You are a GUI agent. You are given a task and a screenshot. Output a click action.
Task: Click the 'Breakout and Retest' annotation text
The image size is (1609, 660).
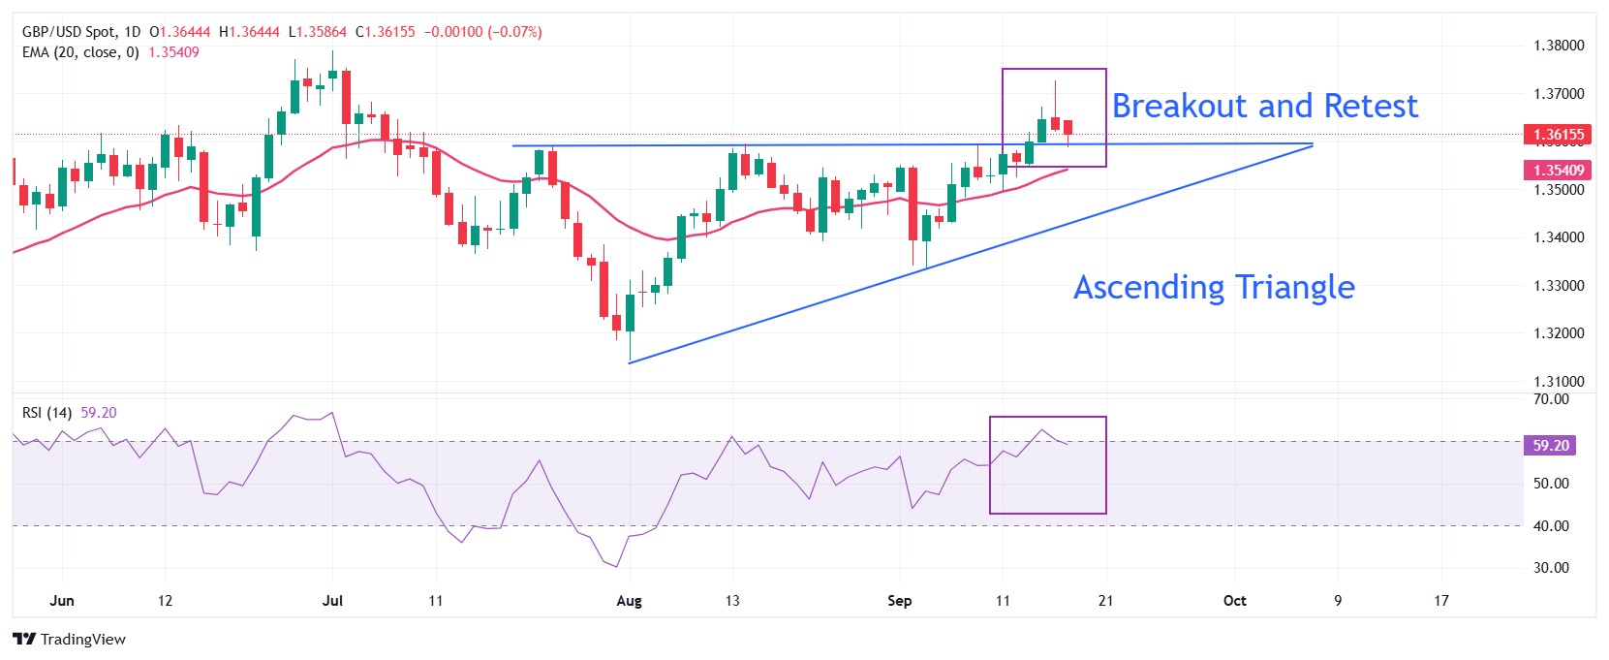tap(1264, 106)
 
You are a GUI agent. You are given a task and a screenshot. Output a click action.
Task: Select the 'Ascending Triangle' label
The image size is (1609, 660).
tap(1214, 287)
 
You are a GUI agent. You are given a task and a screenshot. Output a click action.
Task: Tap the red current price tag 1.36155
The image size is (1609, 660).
tap(1559, 135)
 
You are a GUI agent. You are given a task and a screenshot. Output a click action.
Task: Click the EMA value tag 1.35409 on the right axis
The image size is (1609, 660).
tap(1559, 171)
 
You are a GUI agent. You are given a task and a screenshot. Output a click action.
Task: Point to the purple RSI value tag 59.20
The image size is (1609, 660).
tap(1550, 446)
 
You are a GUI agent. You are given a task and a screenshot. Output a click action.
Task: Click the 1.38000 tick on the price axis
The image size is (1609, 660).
tap(1559, 46)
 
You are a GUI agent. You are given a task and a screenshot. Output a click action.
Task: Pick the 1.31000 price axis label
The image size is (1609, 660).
tap(1559, 382)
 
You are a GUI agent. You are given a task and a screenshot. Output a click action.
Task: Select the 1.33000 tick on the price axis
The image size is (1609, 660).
tap(1559, 286)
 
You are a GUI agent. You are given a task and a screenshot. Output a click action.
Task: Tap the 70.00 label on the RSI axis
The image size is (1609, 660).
tap(1551, 399)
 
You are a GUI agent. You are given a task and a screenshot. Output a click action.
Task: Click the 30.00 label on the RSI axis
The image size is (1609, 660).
tap(1551, 568)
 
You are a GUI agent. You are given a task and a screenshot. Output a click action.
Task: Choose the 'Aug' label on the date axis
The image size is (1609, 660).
tap(629, 601)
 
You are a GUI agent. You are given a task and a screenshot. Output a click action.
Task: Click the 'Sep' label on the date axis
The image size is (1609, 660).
tap(899, 601)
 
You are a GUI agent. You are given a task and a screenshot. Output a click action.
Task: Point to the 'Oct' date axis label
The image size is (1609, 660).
tap(1234, 601)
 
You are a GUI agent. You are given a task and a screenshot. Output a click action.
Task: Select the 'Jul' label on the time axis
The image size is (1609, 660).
tap(332, 601)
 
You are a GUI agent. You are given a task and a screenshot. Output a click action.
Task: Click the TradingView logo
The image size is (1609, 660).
tap(70, 640)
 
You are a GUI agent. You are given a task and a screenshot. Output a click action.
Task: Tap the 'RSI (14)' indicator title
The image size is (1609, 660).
tap(46, 413)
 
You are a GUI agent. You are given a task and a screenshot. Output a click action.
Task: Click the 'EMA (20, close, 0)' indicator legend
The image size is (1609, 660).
tap(80, 52)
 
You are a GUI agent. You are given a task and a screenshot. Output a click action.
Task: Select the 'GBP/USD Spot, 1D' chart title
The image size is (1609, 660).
tap(81, 32)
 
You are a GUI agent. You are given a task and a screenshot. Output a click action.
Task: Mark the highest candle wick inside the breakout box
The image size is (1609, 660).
tap(1055, 83)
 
